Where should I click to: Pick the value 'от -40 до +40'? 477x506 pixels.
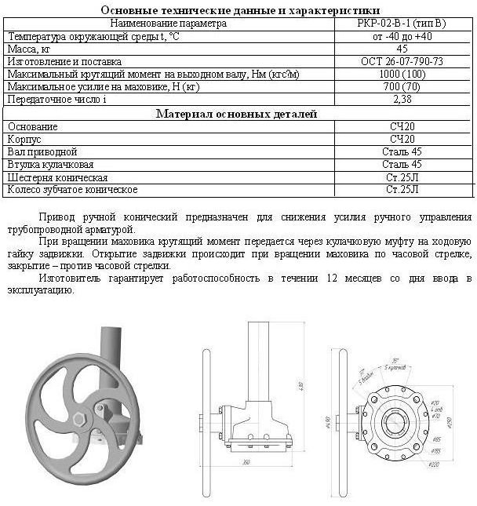pos(402,36)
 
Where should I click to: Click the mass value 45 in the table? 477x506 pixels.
pos(402,49)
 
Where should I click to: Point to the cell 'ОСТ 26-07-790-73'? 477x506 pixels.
pos(402,61)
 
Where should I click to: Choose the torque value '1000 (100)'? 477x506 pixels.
pos(402,74)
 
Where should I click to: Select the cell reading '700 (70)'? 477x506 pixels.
pos(402,86)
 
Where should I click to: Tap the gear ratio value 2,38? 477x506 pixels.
pos(402,100)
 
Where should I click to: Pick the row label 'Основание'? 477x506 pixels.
pos(32,126)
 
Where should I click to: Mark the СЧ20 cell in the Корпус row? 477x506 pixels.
pos(402,139)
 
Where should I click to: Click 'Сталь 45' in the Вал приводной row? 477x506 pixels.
pos(402,151)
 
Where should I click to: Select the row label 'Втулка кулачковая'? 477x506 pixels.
pos(50,165)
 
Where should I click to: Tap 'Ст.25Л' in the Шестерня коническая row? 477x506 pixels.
pos(402,177)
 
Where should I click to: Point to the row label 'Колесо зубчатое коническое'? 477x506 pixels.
pos(72,190)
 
